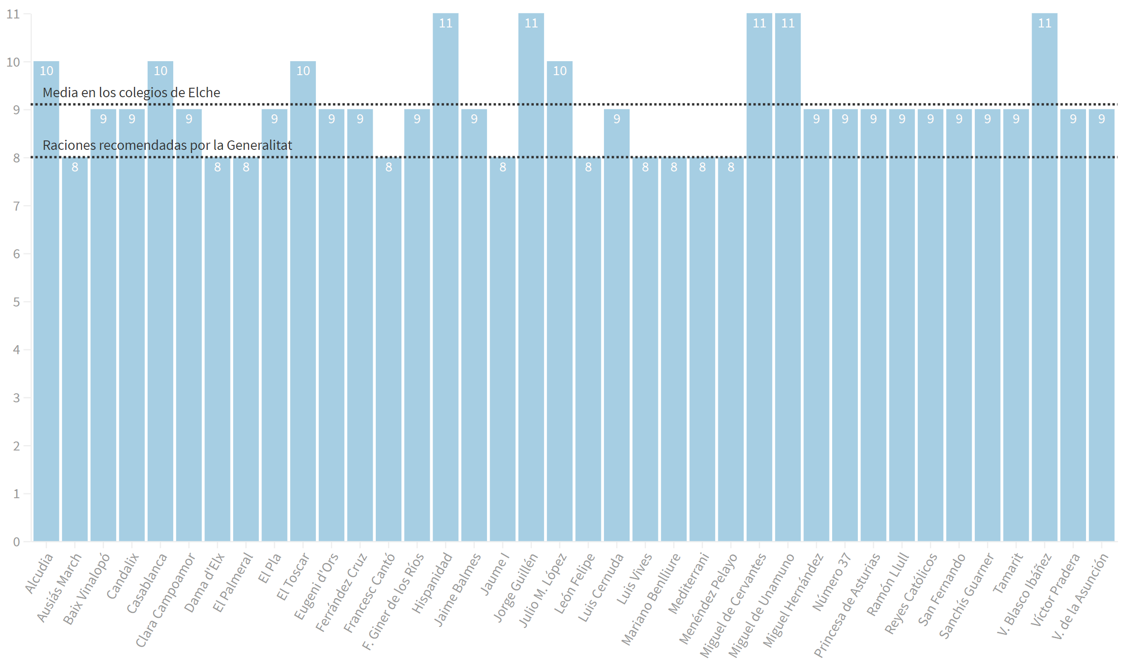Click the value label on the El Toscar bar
pos(303,71)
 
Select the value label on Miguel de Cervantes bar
pos(759,23)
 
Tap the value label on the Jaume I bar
pos(503,167)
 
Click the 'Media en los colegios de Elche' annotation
pos(131,93)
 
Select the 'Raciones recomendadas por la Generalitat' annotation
pos(167,145)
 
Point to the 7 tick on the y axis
pos(17,206)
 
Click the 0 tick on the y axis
pos(17,542)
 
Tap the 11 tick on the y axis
pos(14,14)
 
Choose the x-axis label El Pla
pos(269,569)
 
